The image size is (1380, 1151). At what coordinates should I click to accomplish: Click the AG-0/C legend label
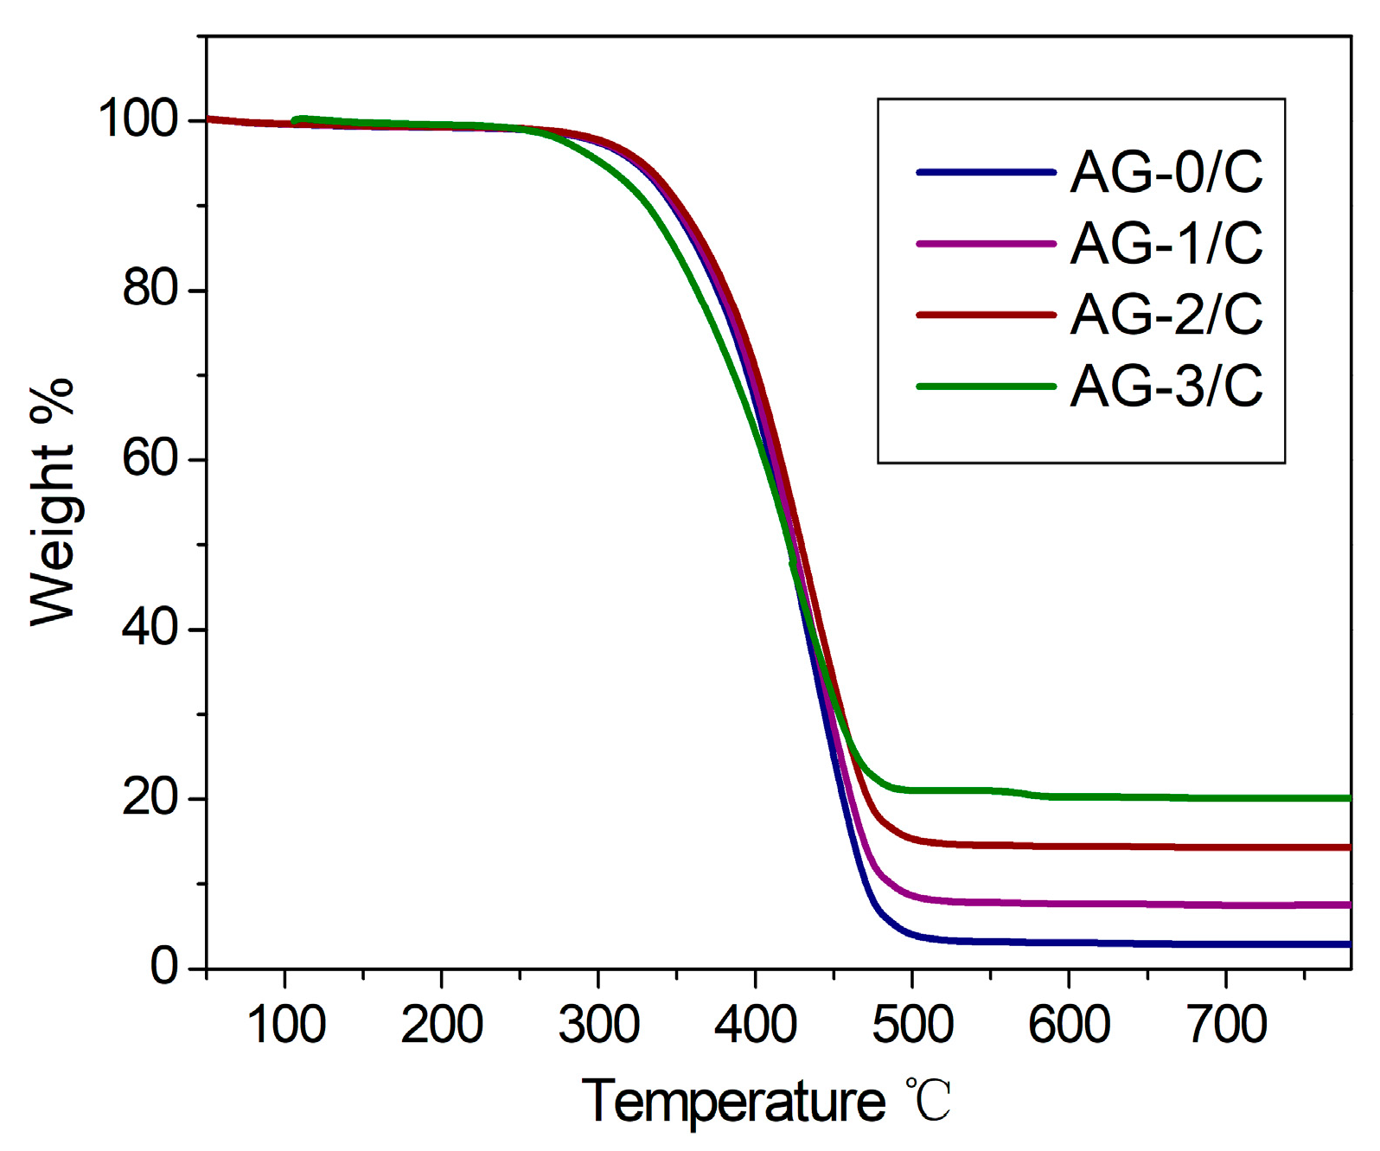(1166, 172)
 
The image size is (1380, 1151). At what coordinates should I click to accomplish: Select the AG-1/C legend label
(1166, 243)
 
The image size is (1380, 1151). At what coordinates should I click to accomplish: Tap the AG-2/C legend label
(1166, 314)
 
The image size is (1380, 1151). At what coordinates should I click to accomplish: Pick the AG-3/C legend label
(1166, 386)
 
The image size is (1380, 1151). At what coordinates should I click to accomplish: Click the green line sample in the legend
(986, 387)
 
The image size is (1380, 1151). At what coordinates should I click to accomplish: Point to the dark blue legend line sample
(986, 173)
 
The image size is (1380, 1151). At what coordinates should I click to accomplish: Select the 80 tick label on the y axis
(150, 288)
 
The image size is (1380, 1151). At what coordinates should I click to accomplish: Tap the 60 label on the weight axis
(150, 457)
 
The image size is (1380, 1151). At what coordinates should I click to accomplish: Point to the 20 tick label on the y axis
(150, 796)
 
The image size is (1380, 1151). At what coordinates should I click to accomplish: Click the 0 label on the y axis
(164, 966)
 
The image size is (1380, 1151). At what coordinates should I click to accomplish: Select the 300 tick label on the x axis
(598, 1025)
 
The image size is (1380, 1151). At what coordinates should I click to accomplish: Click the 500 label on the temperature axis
(912, 1025)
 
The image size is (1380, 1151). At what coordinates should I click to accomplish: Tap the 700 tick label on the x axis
(1226, 1025)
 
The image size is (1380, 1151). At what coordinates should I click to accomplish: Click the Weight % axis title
(52, 502)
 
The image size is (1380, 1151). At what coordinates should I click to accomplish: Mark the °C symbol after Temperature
(929, 1101)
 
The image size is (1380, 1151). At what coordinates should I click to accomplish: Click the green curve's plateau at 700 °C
(1226, 797)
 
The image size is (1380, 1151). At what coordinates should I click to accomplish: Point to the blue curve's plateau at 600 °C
(1069, 943)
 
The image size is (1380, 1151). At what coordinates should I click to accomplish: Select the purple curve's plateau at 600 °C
(1069, 903)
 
